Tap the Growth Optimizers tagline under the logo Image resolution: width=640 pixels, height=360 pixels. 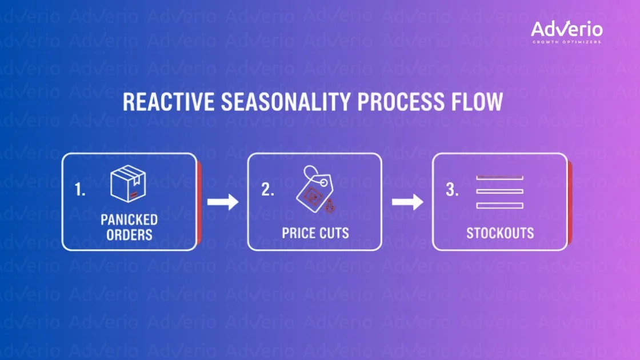[x=566, y=42]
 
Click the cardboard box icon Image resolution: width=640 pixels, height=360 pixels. [x=129, y=183]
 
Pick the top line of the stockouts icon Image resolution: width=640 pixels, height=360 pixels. [x=499, y=178]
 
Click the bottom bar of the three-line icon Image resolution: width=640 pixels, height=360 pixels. [x=499, y=205]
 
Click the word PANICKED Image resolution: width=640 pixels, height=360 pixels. [x=129, y=220]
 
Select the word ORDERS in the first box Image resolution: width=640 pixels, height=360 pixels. [x=129, y=234]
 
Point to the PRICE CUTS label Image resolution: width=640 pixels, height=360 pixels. [x=315, y=233]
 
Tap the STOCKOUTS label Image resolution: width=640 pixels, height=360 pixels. [x=500, y=233]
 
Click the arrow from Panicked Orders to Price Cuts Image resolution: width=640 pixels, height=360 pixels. [x=222, y=202]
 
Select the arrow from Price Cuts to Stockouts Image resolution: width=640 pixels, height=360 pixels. [x=407, y=202]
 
